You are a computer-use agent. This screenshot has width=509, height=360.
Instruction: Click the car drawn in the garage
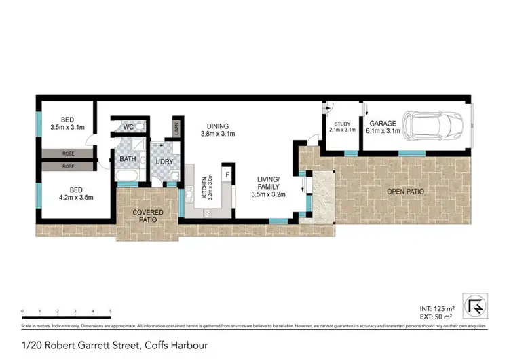[x=434, y=125]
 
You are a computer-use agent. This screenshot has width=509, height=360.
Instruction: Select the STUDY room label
[x=341, y=124]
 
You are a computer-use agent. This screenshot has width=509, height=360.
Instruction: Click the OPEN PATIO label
[x=405, y=192]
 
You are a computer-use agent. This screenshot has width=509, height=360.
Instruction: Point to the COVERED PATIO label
[x=148, y=216]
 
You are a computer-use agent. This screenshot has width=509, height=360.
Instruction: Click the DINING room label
[x=218, y=126]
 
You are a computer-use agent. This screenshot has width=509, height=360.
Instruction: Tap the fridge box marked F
[x=228, y=175]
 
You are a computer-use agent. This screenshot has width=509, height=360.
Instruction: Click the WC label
[x=128, y=127]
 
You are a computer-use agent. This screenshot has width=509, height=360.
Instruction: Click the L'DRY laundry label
[x=165, y=160]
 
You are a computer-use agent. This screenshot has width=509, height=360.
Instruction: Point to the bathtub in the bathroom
[x=127, y=179]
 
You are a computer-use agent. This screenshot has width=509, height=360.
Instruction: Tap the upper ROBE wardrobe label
[x=69, y=154]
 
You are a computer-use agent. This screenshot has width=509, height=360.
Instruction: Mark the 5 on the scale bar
[x=110, y=312]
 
